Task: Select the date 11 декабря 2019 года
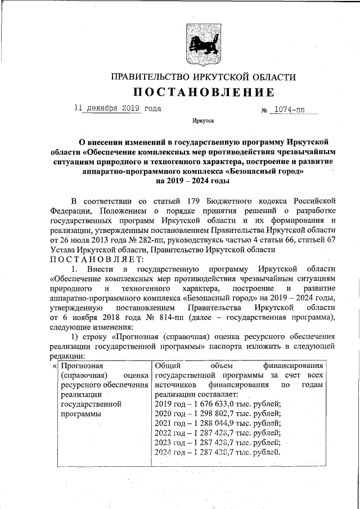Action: pos(118,108)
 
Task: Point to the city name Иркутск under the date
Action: pos(202,120)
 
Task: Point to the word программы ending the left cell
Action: pos(80,413)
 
